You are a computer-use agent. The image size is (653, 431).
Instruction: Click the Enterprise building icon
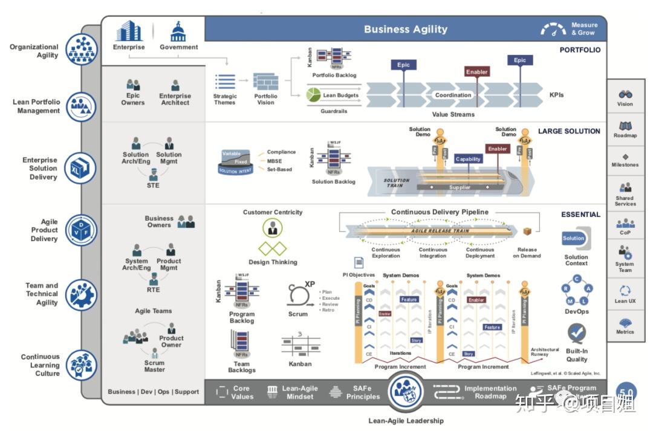(x=129, y=31)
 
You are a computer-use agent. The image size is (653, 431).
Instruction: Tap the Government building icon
(x=178, y=31)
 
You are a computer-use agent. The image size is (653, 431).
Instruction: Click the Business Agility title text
(x=406, y=29)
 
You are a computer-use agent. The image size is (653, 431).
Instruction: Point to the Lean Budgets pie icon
(x=313, y=95)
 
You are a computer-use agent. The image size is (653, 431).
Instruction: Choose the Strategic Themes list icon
(x=225, y=82)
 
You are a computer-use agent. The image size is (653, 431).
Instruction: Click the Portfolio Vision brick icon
(x=265, y=82)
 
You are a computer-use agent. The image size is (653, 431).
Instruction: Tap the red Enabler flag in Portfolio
(x=477, y=72)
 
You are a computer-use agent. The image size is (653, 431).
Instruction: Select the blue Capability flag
(x=468, y=159)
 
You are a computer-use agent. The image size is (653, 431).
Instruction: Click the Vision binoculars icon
(x=625, y=94)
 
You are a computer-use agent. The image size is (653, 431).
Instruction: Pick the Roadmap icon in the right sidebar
(x=625, y=126)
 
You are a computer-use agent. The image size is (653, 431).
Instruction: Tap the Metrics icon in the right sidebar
(x=625, y=323)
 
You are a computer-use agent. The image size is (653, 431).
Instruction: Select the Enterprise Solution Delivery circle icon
(x=81, y=167)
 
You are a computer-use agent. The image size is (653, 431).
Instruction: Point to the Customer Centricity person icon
(x=273, y=228)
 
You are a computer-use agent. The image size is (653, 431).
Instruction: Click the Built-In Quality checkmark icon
(x=576, y=332)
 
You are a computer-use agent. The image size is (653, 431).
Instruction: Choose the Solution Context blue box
(x=574, y=238)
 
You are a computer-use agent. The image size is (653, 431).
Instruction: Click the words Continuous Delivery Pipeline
(x=440, y=212)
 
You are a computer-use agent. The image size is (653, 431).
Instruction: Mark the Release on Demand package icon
(x=527, y=232)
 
